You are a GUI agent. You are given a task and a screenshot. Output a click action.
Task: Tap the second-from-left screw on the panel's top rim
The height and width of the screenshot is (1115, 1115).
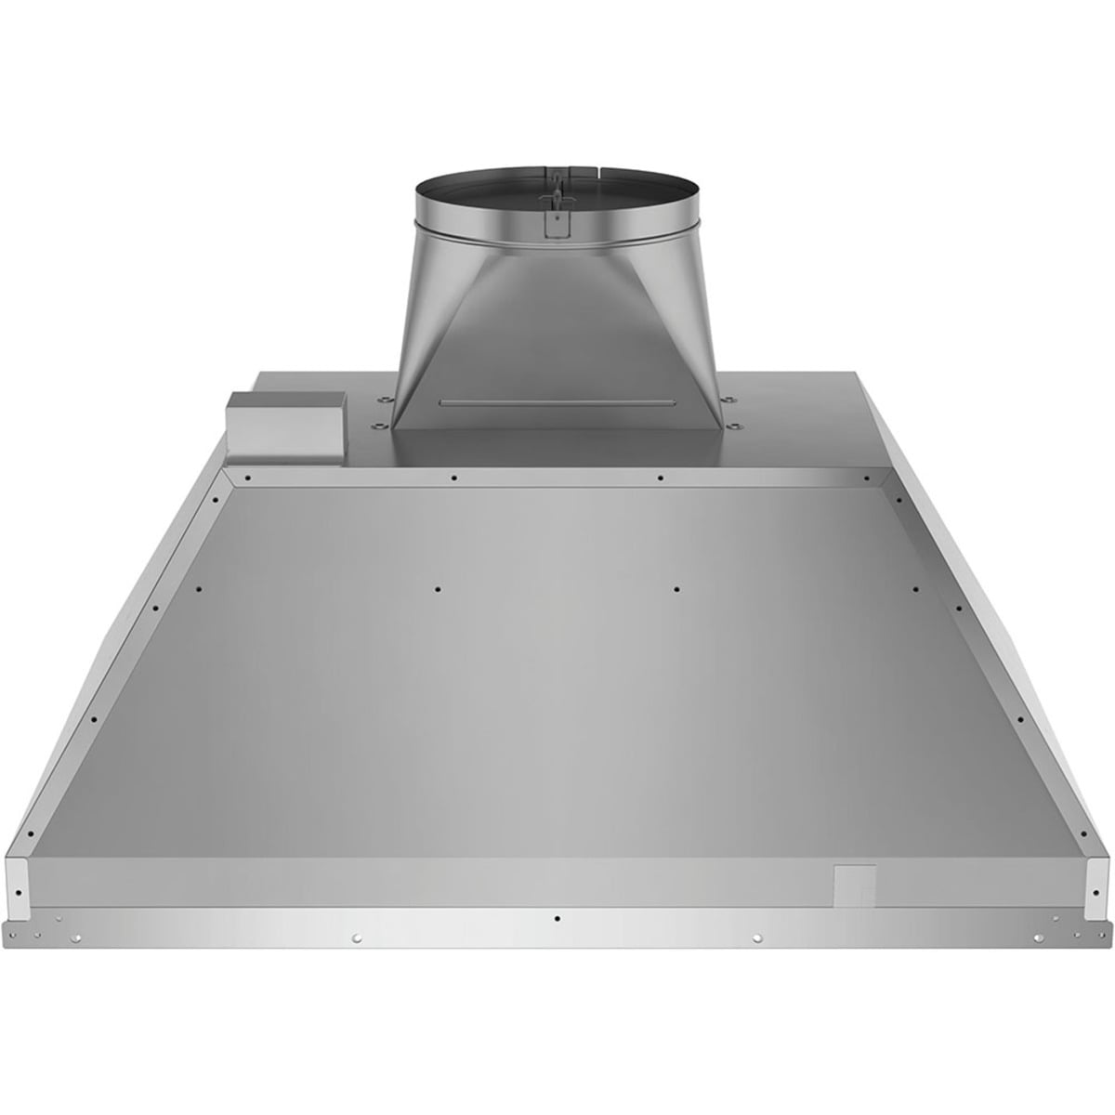453,479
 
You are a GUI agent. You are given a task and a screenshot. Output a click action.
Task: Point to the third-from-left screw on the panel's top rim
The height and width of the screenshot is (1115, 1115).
660,479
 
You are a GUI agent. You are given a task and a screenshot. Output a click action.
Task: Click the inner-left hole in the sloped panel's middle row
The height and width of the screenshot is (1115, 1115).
438,588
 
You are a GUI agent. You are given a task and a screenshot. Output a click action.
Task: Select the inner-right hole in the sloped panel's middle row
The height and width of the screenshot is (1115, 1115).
677,588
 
